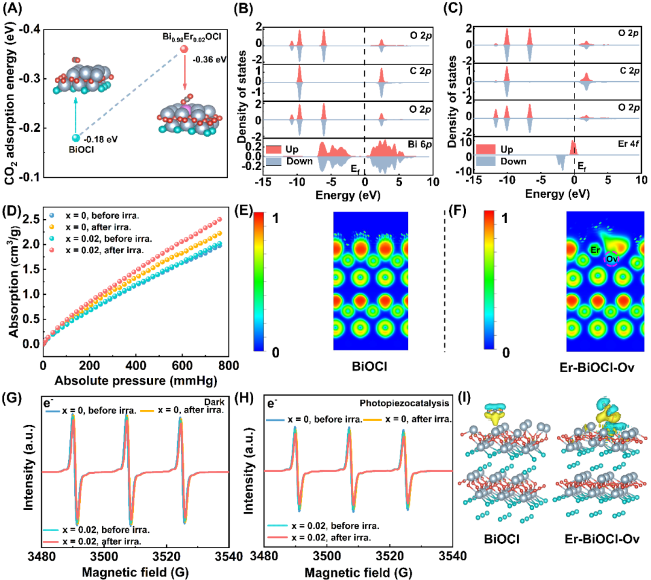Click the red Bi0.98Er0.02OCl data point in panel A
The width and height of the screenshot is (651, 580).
pos(183,49)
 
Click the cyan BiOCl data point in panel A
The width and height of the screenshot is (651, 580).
pos(75,138)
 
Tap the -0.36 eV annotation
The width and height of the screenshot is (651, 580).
pos(209,60)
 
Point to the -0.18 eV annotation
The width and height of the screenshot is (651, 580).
pos(100,139)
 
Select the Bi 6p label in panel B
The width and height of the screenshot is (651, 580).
pos(420,144)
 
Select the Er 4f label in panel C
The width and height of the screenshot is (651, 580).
pos(629,143)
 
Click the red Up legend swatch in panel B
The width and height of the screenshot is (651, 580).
pos(273,149)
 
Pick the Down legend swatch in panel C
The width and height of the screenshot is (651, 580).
pos(486,161)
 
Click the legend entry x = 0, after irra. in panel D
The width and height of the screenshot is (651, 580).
pos(98,227)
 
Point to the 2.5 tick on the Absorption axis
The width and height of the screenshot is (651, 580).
pos(31,219)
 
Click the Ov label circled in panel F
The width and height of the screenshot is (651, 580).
pos(612,259)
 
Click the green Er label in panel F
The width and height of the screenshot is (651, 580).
pos(595,250)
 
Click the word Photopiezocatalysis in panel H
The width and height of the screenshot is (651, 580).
pos(404,403)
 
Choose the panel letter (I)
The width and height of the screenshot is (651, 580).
pos(464,398)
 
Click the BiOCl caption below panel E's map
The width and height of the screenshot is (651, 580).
pos(370,366)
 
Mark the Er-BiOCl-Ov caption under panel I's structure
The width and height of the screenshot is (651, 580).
pos(602,540)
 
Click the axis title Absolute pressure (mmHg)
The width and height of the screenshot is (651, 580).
pos(136,380)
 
